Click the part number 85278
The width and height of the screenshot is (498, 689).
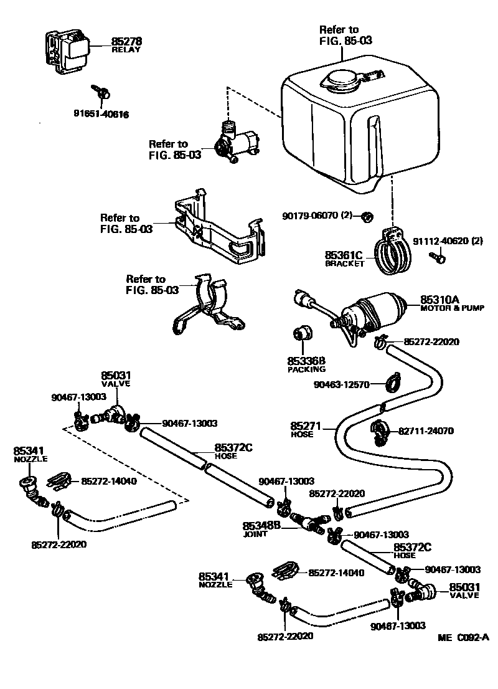click(127, 42)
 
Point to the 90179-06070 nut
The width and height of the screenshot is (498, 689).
click(367, 217)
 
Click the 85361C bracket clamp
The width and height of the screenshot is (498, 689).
click(392, 252)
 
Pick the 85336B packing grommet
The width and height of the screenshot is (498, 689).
click(303, 335)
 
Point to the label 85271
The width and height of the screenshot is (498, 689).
click(305, 427)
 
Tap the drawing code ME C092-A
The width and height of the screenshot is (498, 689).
click(463, 637)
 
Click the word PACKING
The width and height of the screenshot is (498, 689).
click(306, 369)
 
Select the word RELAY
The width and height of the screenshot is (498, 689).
click(126, 50)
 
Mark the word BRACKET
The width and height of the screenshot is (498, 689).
click(344, 264)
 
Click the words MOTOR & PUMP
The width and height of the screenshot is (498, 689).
click(452, 308)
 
